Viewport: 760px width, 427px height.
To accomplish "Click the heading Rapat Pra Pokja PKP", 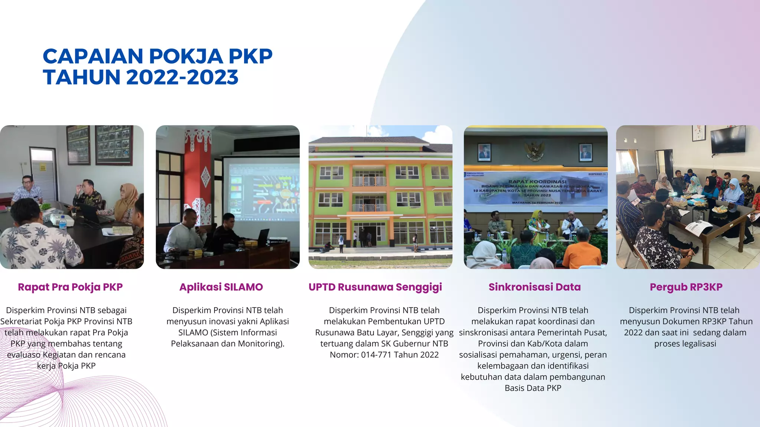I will (70, 287).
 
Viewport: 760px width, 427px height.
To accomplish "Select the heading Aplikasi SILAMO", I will (221, 287).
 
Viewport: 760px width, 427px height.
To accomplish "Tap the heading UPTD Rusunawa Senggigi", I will (375, 287).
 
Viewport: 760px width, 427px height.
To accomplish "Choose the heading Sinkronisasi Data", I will (534, 287).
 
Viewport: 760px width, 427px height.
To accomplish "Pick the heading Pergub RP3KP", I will (686, 287).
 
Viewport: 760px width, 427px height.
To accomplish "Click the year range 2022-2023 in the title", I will (182, 77).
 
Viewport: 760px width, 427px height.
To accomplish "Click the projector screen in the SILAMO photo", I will (261, 189).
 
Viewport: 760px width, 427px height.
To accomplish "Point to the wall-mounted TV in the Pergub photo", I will (728, 139).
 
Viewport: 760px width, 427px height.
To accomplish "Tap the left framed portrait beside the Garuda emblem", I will (484, 152).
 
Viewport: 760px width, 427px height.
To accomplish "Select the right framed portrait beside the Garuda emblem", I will (585, 152).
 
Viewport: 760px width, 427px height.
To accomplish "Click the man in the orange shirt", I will (582, 252).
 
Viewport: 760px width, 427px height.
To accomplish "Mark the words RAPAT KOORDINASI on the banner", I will (537, 182).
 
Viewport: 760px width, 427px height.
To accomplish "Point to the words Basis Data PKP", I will (533, 388).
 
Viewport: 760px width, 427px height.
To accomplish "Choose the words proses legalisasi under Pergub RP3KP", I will (685, 344).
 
